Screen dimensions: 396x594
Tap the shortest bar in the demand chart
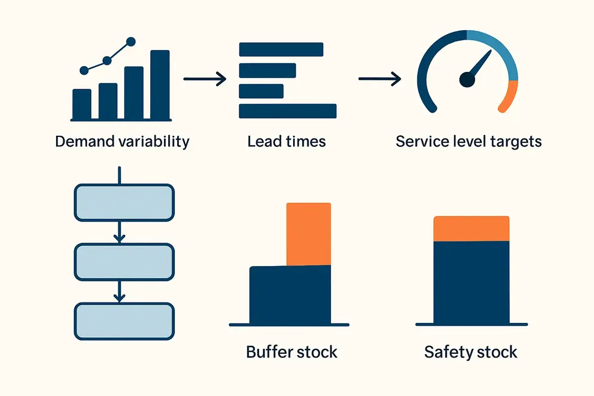coord(82,104)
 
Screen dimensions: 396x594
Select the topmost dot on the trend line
coord(131,41)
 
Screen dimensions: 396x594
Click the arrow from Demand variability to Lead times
coord(205,79)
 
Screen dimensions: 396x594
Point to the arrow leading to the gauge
coord(380,79)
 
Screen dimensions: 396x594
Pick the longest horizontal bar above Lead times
coord(288,111)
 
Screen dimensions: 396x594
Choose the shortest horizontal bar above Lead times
coord(261,91)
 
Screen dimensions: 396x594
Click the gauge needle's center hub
coord(467,80)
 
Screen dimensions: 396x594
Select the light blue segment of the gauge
coord(503,53)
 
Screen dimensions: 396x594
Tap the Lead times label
coord(287,141)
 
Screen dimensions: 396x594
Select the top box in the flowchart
coord(124,202)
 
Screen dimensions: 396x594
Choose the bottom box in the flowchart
coord(124,321)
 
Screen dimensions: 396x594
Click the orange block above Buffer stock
coord(309,234)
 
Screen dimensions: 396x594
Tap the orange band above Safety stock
coord(471,229)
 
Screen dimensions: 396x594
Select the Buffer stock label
coord(291,351)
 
